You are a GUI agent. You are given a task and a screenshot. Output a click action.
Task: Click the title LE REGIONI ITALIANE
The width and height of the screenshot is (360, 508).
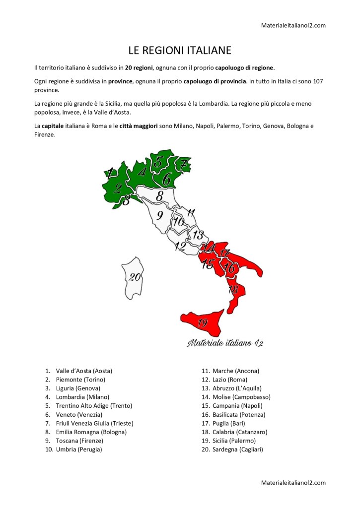coord(180,51)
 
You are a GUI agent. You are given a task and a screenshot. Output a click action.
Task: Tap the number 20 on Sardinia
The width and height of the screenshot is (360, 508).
coord(135,277)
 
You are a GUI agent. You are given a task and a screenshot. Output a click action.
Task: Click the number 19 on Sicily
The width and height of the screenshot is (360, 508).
coord(202,323)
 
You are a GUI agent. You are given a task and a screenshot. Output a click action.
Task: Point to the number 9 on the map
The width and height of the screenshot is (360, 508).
coord(159,215)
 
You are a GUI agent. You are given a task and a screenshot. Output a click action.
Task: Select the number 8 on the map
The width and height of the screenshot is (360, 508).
coord(159,196)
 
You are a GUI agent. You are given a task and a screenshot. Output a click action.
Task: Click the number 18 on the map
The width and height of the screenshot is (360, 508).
coord(233,290)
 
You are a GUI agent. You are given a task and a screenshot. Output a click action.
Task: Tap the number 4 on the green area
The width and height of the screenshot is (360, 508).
coord(142,172)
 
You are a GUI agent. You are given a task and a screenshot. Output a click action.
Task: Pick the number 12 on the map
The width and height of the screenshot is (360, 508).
coord(180,246)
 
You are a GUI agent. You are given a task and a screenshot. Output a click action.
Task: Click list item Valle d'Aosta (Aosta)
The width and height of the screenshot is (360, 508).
coord(84,371)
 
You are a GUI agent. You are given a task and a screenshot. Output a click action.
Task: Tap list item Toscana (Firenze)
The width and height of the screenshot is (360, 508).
coord(79,441)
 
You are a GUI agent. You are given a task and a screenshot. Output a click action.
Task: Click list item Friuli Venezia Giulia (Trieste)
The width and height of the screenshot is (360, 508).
coord(94,423)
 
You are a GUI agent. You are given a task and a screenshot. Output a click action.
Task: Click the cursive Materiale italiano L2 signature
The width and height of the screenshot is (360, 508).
coord(225,343)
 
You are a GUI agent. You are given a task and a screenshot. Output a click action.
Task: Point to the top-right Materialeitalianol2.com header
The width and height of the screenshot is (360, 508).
coord(293,25)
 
